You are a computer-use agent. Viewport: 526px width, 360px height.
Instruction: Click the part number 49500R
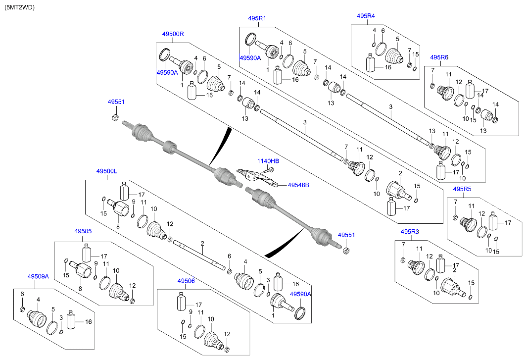173,34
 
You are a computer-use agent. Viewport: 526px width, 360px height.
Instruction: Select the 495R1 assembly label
257,18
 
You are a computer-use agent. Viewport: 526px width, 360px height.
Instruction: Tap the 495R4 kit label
366,16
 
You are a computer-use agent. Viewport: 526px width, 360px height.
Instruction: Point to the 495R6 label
439,57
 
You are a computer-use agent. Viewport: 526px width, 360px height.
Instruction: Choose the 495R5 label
462,189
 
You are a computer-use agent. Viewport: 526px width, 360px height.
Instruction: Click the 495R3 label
410,232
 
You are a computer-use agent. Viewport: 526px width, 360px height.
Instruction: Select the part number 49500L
106,171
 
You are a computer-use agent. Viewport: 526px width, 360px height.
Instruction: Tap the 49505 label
83,231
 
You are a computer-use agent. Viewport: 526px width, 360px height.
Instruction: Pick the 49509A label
38,277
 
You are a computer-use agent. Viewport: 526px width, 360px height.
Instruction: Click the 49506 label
186,281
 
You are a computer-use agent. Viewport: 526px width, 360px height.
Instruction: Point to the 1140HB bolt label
268,161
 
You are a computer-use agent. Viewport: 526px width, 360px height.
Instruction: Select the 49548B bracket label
298,185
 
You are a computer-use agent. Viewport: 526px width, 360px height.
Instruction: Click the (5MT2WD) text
20,7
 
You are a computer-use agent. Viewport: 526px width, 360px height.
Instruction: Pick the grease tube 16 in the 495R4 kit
372,63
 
